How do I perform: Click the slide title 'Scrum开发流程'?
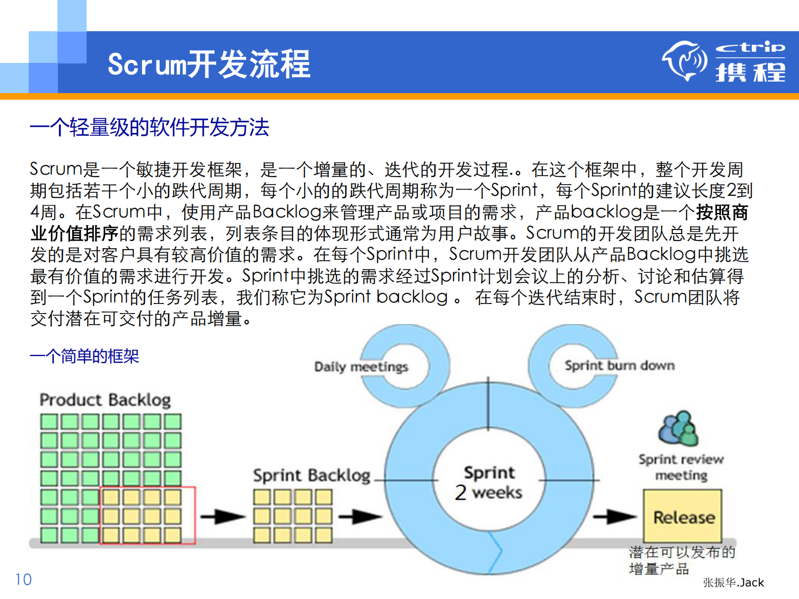coord(209,64)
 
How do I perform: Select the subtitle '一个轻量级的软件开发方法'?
coord(150,127)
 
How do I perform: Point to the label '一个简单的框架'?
coord(84,356)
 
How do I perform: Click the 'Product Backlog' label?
coord(105,400)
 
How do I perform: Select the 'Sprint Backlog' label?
coord(312,475)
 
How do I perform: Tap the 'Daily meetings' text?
coord(361,366)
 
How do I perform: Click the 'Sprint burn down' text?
coord(619,365)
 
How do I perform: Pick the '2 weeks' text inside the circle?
coord(488,492)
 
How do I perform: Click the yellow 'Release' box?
coord(683,516)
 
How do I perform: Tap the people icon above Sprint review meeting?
coord(678,429)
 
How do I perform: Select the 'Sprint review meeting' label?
coord(681,467)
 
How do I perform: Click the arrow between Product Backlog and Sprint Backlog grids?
coord(223,516)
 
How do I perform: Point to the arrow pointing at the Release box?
coord(614,516)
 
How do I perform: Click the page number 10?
coord(23,579)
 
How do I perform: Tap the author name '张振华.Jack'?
coord(733,582)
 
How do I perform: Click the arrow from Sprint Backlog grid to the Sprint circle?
coord(359,516)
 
